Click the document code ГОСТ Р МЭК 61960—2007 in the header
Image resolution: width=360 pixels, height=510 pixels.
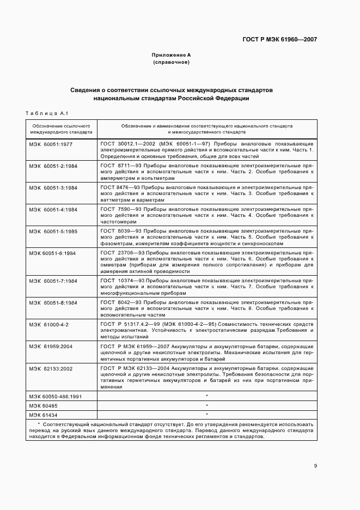(x=279, y=40)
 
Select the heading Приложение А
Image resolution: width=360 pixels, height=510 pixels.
(x=171, y=56)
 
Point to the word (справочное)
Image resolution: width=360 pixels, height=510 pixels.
(x=171, y=63)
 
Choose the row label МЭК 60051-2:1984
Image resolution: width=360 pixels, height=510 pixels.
(x=53, y=165)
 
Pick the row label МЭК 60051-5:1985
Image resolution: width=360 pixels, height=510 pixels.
(x=53, y=231)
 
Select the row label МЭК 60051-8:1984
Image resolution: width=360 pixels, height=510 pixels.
(x=53, y=302)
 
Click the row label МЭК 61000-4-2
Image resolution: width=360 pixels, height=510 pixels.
(x=49, y=324)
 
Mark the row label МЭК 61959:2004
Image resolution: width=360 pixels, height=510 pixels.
(x=51, y=346)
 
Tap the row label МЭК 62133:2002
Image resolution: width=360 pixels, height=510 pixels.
(x=51, y=368)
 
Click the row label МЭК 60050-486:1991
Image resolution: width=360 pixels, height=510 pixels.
(x=56, y=396)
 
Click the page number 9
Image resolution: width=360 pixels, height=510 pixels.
(x=315, y=465)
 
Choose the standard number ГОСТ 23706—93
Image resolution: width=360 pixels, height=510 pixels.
(x=120, y=253)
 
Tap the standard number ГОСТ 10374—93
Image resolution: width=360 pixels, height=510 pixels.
(x=120, y=280)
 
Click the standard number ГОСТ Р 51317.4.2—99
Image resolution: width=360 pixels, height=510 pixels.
(x=128, y=324)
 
